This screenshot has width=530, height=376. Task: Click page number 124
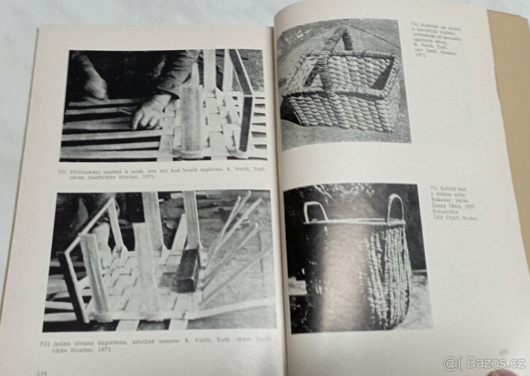tap(42, 373)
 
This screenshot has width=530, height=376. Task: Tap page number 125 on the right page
tap(503, 352)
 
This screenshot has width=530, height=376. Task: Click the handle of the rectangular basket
tap(340, 42)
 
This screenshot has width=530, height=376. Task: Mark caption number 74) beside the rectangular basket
tap(415, 24)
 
